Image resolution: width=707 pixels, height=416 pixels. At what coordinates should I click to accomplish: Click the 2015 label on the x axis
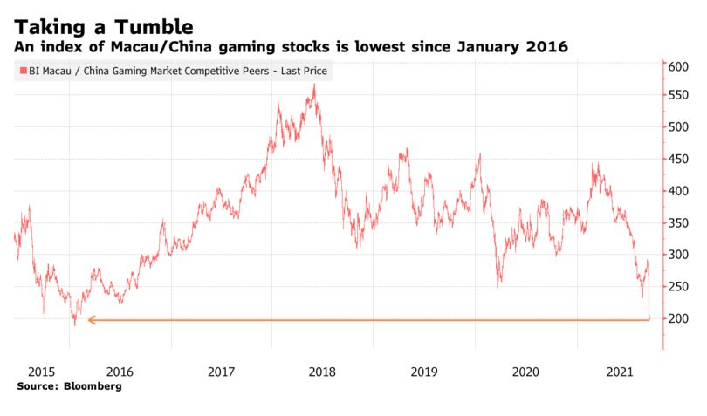29,371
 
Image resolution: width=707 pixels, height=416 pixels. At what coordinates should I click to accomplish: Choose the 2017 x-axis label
223,371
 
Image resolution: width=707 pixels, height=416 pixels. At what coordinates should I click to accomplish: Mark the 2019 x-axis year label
424,371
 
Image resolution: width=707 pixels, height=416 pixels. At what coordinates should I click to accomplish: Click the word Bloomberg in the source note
90,385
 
